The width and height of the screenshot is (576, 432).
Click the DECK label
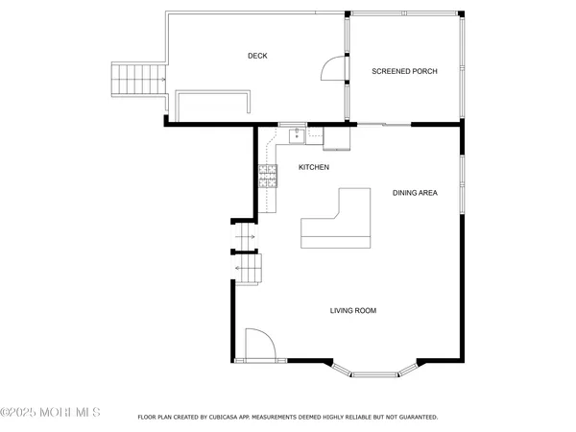point(256,56)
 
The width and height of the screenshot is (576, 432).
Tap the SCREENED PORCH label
point(405,71)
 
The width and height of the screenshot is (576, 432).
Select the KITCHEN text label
point(314,168)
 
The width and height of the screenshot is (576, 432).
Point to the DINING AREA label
point(415,193)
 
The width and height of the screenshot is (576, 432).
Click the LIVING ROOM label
point(352,311)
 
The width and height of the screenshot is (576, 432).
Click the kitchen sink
point(297,136)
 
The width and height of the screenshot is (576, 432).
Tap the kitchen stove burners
point(267,173)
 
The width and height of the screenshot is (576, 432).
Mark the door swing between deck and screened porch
point(333,69)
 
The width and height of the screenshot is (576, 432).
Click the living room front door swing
point(259,345)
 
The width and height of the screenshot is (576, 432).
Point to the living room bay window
point(375,370)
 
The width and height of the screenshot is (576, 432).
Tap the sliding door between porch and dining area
point(384,124)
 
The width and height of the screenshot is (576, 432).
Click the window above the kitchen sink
point(292,124)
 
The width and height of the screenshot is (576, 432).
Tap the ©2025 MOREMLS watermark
point(51,413)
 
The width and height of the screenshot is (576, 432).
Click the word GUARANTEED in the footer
point(416,418)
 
